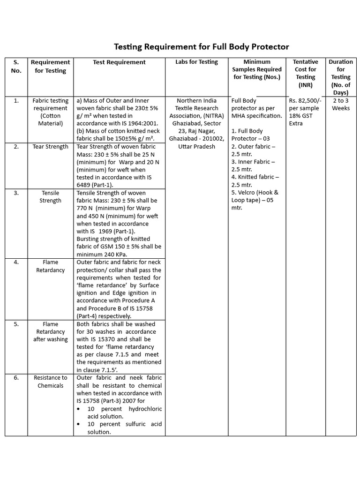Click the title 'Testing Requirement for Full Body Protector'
[x=202, y=47]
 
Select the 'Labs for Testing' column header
[x=196, y=62]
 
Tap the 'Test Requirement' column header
[x=119, y=62]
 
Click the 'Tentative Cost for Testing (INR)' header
[x=305, y=73]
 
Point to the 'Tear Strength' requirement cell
[x=51, y=147]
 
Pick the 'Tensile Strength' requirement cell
[x=51, y=196]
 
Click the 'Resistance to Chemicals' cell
[x=51, y=381]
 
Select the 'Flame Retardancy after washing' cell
[x=51, y=331]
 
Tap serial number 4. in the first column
[x=16, y=262]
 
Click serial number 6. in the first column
[x=16, y=377]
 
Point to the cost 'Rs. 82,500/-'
[x=305, y=100]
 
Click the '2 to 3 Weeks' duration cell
[x=341, y=104]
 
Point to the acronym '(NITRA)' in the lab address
[x=206, y=116]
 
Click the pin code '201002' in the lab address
[x=214, y=139]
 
